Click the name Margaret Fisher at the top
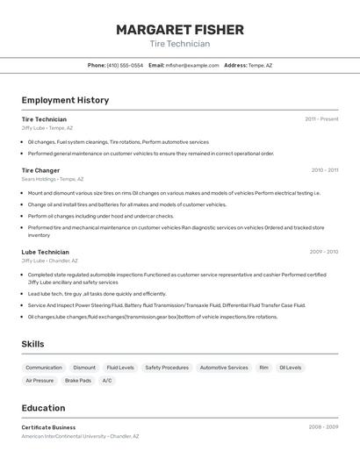180,30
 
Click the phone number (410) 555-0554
125,65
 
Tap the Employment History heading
65,100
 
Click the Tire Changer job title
40,170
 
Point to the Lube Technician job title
45,252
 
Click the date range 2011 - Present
321,119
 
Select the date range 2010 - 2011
324,170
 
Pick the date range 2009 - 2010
323,252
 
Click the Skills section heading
32,344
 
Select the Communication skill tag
44,368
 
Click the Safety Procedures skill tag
167,368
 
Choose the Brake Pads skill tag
78,381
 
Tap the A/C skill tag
107,381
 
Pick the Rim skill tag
263,368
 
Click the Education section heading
43,408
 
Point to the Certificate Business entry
48,427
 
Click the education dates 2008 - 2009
323,427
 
